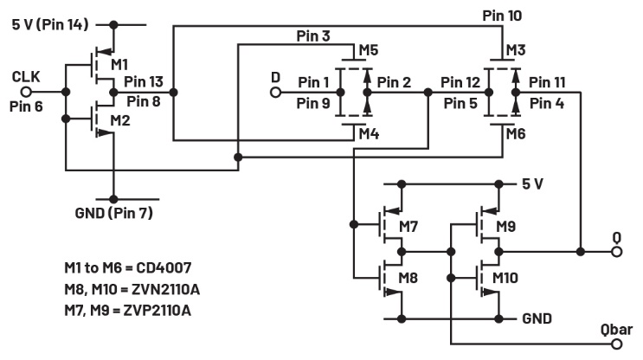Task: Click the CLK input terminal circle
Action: click(28, 90)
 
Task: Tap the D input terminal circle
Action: click(276, 90)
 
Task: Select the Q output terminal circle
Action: click(616, 252)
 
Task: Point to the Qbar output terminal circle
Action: click(616, 344)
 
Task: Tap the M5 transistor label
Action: click(368, 48)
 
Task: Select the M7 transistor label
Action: click(408, 228)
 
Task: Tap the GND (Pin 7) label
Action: click(114, 210)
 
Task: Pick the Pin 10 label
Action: click(504, 15)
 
